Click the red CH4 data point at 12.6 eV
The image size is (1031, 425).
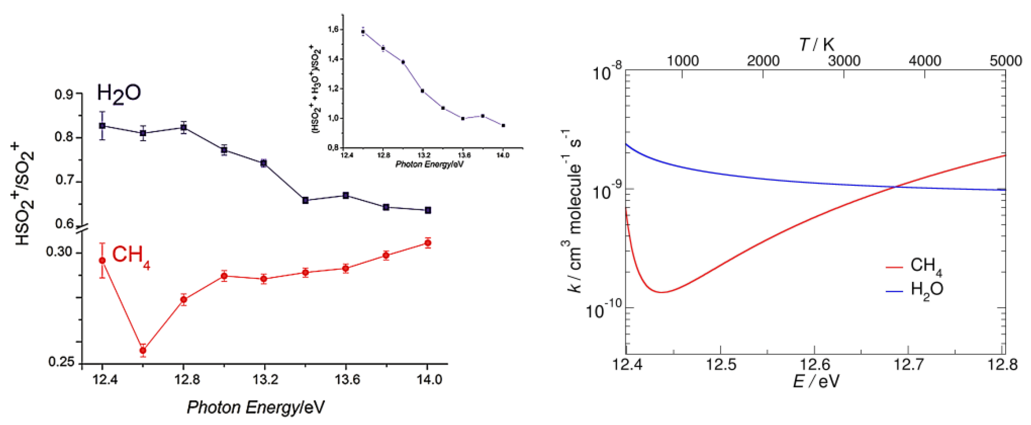[143, 350]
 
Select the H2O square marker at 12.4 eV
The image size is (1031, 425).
[102, 125]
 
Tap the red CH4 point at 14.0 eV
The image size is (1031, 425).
[428, 243]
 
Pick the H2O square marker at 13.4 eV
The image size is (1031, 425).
[305, 200]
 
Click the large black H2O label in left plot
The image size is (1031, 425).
[119, 93]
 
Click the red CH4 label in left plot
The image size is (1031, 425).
[130, 255]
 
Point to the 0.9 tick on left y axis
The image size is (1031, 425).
[64, 95]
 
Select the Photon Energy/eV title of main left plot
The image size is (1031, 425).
[255, 407]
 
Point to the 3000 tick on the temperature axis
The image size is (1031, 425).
[844, 61]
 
